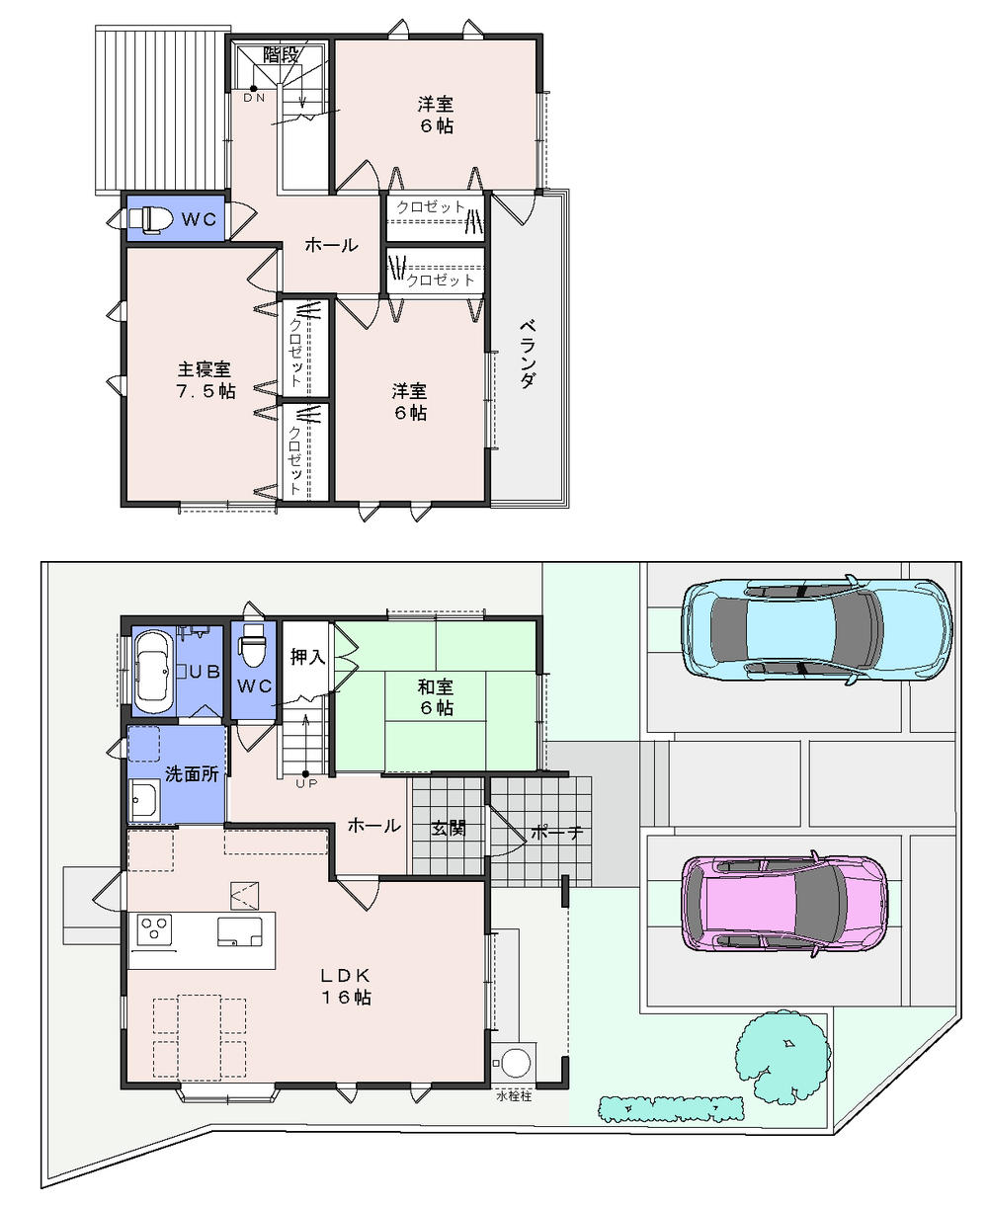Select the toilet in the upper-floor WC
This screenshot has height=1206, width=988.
pos(146,218)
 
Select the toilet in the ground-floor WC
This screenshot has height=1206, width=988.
pos(254,649)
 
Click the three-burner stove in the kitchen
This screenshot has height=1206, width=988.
pos(153,930)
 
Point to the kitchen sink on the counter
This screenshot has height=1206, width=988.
pos(241,930)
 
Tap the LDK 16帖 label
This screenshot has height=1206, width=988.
pos(345,985)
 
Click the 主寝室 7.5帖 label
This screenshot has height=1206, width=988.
pos(206,379)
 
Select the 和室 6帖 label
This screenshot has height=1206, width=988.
pos(435,695)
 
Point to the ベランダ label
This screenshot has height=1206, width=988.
pos(528,354)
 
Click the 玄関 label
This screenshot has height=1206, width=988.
pos(448,828)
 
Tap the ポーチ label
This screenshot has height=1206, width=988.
pos(557,832)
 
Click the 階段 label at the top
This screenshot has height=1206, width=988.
pos(282,54)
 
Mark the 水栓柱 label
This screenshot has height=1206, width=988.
pos(514,1096)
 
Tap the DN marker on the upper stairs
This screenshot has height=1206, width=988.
pos(254,97)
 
